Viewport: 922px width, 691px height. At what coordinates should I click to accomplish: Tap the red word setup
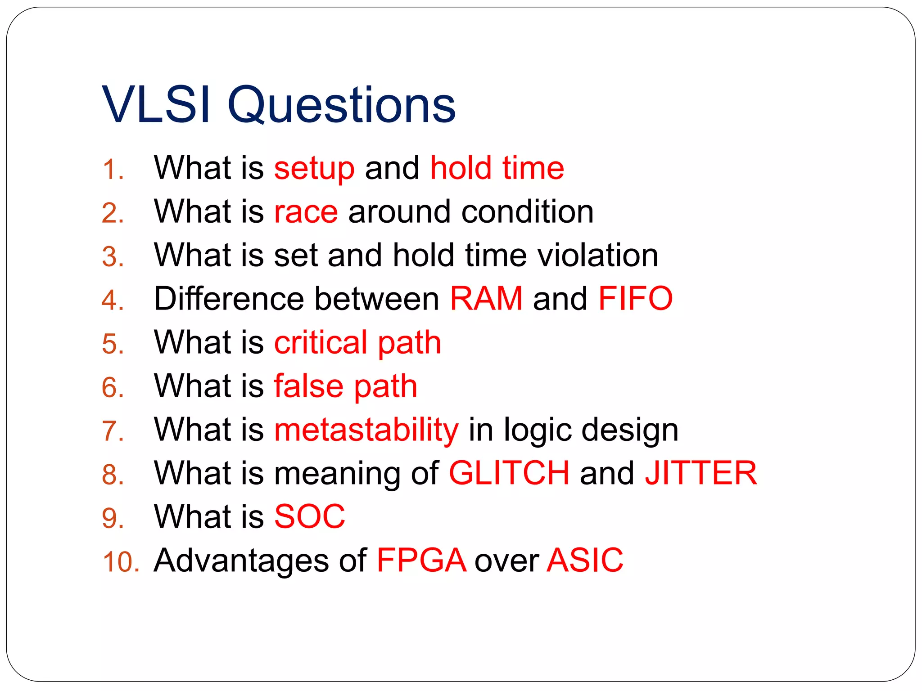pyautogui.click(x=314, y=169)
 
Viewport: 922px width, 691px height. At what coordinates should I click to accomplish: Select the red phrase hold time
pyautogui.click(x=497, y=168)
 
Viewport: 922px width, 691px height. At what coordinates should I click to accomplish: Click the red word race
pyautogui.click(x=306, y=212)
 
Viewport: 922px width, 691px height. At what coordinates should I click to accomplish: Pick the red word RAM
pyautogui.click(x=486, y=299)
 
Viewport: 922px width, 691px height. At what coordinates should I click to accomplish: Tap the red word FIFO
pyautogui.click(x=635, y=299)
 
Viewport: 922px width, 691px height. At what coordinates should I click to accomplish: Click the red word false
pyautogui.click(x=309, y=386)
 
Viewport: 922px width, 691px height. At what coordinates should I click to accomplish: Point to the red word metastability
pyautogui.click(x=366, y=430)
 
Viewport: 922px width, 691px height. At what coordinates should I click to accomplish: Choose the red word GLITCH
pyautogui.click(x=509, y=473)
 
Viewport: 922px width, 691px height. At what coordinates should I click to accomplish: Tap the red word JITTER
pyautogui.click(x=701, y=473)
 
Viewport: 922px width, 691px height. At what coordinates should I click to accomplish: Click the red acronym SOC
pyautogui.click(x=310, y=517)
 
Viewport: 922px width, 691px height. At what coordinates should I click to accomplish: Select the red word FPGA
pyautogui.click(x=421, y=561)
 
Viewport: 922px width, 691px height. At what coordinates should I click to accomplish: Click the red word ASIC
pyautogui.click(x=585, y=561)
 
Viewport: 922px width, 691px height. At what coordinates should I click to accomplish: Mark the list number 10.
pyautogui.click(x=121, y=562)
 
